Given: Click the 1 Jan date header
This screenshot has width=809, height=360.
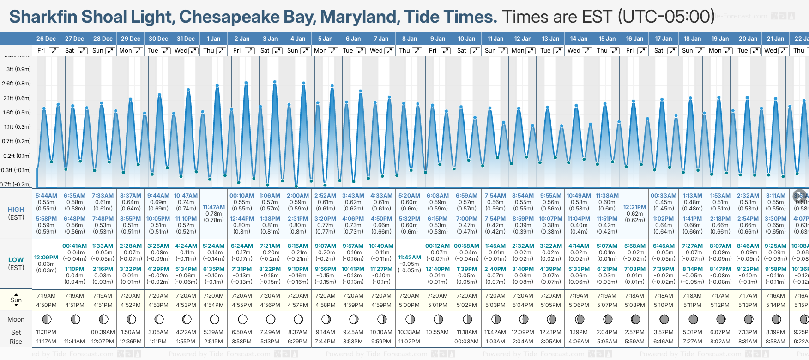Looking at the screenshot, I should click(213, 39).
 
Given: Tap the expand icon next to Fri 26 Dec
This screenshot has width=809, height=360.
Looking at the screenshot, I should click(54, 51).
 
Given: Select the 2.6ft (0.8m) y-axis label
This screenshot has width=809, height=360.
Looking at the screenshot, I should click(17, 84).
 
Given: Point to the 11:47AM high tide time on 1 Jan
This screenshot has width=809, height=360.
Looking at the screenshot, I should click(214, 207).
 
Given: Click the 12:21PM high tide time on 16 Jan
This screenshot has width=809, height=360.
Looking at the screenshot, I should click(635, 207).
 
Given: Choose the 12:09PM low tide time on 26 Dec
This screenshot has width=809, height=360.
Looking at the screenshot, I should click(46, 258).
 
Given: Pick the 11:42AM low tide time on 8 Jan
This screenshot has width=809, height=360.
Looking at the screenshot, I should click(410, 258).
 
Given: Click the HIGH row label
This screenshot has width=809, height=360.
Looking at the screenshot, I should click(16, 210).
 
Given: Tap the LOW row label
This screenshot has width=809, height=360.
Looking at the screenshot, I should click(16, 260).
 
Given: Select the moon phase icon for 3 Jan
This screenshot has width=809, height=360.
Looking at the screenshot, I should click(271, 319).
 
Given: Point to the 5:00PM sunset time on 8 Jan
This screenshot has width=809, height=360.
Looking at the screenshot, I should click(410, 305).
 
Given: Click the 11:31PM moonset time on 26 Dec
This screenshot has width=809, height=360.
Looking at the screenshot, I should click(46, 332).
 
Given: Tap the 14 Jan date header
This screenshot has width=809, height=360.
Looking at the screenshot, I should click(579, 39).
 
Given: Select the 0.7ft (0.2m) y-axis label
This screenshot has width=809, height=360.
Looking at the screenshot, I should click(17, 141).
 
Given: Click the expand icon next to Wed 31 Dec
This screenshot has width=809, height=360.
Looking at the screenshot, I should click(193, 51).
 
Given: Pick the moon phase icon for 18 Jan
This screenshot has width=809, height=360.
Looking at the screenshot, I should click(693, 319).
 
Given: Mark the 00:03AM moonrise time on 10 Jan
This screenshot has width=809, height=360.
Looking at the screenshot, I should click(466, 342).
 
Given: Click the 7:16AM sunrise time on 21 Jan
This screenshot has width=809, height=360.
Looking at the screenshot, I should click(776, 296).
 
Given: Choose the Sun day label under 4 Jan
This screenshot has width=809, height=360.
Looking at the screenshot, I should click(293, 51).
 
